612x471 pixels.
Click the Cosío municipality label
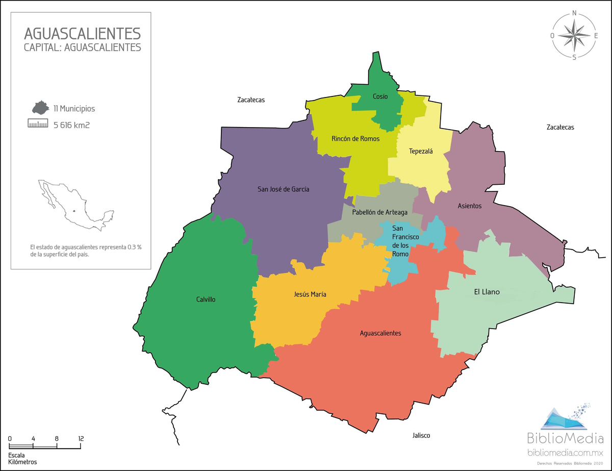point(380,96)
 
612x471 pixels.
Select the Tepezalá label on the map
point(421,151)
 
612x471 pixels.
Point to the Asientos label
point(469,206)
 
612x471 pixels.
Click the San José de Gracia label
point(283,189)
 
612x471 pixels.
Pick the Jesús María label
point(310,294)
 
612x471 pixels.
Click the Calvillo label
point(206,300)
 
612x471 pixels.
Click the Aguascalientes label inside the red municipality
point(380,333)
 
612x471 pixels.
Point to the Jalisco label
point(421,435)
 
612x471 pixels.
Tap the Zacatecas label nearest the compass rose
point(559,127)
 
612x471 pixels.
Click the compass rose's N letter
point(574,13)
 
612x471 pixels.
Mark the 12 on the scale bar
point(81,438)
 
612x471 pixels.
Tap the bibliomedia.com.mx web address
point(565,453)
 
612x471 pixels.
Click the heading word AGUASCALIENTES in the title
point(82,34)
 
